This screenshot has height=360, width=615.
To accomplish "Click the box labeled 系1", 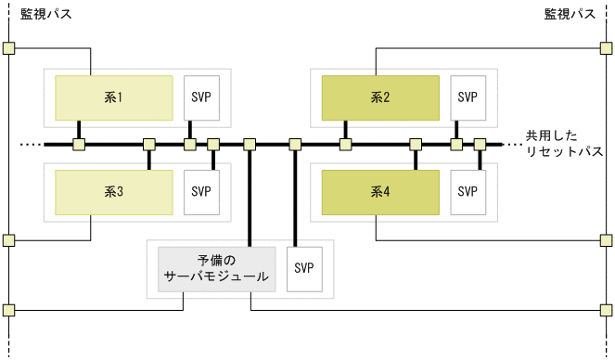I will [113, 97].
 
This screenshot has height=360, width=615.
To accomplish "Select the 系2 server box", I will [380, 97].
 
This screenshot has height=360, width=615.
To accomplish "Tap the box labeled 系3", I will [113, 192].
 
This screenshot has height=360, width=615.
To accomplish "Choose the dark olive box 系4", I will [380, 192].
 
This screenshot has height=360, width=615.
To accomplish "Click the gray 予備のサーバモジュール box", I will [217, 268].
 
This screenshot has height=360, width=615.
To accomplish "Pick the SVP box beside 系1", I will [201, 97].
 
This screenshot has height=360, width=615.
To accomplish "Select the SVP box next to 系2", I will [468, 97].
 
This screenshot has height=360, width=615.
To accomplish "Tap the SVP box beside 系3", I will [201, 192].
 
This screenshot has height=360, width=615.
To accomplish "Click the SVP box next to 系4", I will [468, 192].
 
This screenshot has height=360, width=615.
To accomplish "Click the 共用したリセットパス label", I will [563, 142].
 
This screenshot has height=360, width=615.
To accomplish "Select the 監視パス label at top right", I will [570, 15].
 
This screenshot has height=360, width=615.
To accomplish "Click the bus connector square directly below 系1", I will [80, 145].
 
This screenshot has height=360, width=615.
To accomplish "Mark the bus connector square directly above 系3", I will [148, 145].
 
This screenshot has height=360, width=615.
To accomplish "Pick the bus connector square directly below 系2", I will [345, 145].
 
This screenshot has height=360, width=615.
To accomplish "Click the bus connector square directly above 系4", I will [416, 145].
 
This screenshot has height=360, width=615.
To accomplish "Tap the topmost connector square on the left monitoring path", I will [8, 48].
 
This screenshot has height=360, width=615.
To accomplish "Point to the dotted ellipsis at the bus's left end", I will [31, 145].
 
